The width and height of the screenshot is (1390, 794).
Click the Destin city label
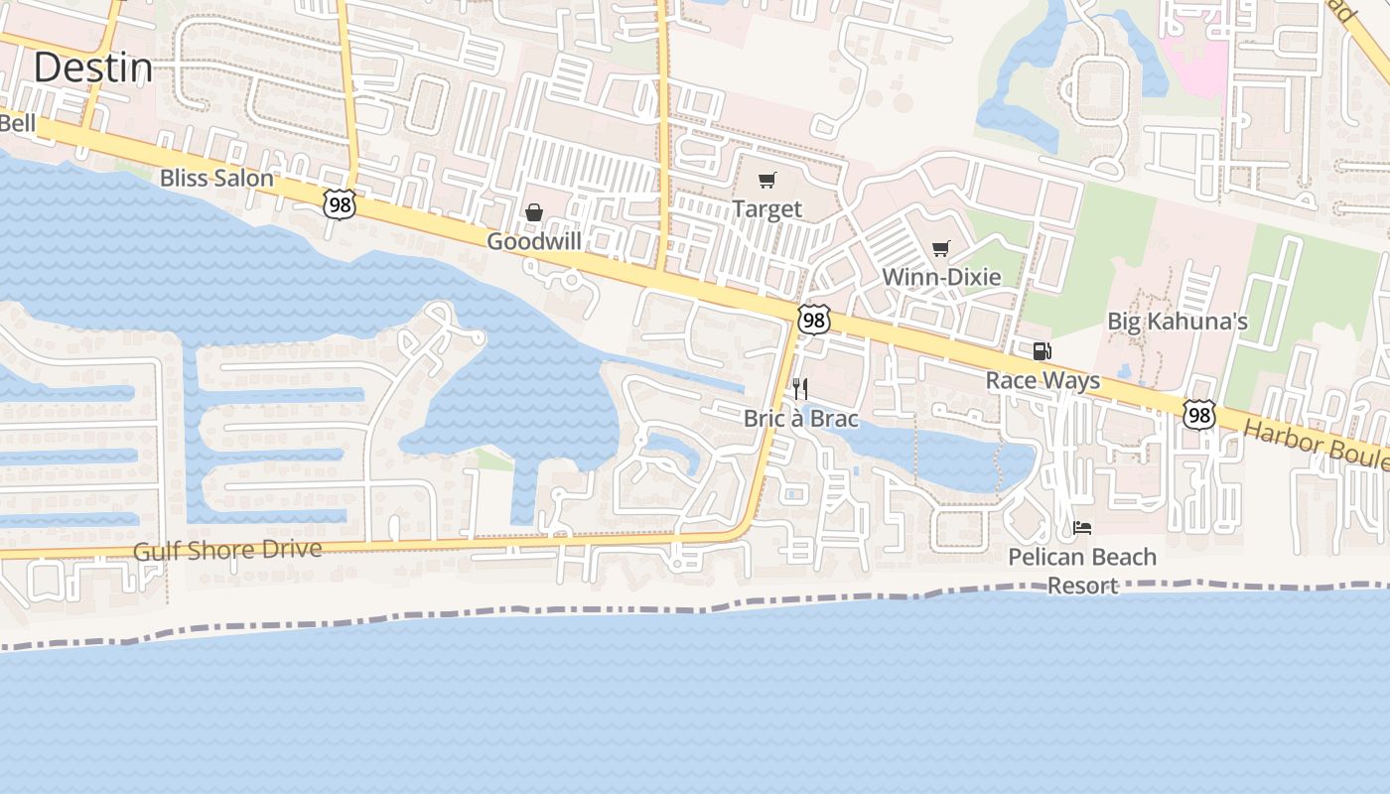[93, 68]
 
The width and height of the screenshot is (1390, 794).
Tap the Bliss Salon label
[216, 179]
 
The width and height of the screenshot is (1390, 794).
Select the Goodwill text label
[533, 241]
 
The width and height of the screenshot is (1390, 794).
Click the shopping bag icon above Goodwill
[534, 212]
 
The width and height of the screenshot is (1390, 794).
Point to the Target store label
[766, 209]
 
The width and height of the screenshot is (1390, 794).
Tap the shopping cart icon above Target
[766, 181]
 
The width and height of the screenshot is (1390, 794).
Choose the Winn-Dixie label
[941, 277]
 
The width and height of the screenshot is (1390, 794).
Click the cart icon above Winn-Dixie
[941, 248]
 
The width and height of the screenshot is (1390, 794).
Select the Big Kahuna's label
[1178, 322]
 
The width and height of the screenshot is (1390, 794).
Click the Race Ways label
[1042, 381]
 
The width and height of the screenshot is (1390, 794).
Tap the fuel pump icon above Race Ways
[1042, 351]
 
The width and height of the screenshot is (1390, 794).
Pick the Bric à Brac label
[800, 419]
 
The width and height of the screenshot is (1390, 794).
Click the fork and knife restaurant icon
[800, 389]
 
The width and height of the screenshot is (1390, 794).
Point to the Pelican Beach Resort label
[1082, 571]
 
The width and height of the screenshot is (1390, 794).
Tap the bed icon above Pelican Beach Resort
[1082, 528]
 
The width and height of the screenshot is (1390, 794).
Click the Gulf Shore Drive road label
[227, 551]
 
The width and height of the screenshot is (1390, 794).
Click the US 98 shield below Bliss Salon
[339, 204]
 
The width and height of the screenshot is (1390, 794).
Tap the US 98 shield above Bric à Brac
[814, 320]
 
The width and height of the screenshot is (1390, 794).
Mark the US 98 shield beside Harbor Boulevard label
[1199, 414]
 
